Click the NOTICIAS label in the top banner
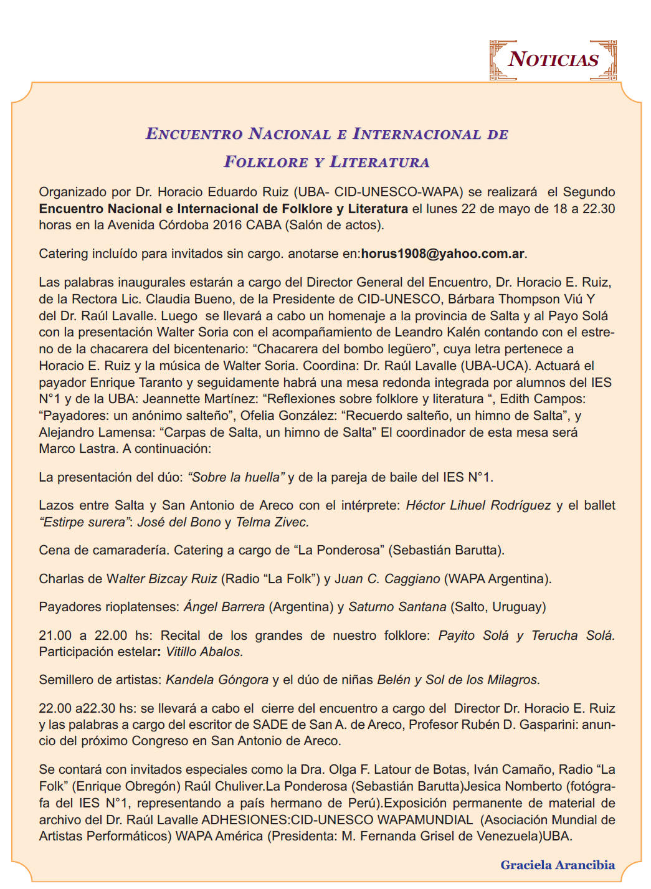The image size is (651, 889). point(553,60)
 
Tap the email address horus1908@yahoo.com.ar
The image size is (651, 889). point(443,254)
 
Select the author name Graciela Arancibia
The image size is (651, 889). point(558,865)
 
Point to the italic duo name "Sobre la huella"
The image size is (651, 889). point(236,477)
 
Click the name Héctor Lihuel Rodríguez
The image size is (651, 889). point(478,505)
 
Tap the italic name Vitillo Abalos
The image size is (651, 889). point(204,652)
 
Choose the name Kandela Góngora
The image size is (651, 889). point(217,680)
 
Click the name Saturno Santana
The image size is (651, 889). point(397,607)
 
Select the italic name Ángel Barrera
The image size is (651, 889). point(224,607)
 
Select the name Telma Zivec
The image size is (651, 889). point(272,522)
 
